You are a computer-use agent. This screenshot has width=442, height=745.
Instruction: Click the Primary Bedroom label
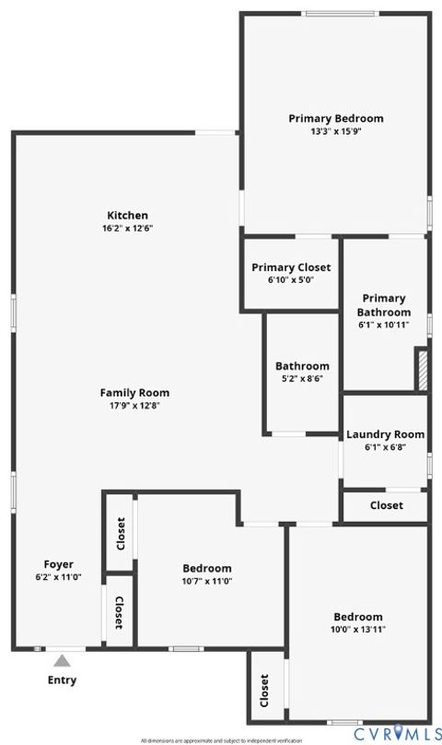point(335,118)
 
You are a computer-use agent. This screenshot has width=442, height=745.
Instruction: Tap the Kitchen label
point(127,216)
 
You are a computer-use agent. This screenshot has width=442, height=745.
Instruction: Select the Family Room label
point(134,393)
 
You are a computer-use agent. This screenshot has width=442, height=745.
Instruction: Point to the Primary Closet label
point(291,268)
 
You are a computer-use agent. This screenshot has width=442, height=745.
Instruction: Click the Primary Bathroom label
point(384,305)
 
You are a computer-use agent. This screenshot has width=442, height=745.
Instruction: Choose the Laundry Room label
point(385,434)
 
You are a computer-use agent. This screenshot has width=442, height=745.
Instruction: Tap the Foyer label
point(58,564)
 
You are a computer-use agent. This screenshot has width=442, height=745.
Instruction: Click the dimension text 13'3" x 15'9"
point(335,131)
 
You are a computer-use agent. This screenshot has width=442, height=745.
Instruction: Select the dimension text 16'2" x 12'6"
point(127,228)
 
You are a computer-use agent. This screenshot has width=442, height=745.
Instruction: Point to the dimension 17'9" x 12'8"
point(134,405)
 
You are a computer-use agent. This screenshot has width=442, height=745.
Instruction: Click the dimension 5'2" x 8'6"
point(302,378)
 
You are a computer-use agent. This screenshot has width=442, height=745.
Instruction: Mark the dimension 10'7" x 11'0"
point(206,581)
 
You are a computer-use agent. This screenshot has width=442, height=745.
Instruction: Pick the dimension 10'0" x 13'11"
point(358,629)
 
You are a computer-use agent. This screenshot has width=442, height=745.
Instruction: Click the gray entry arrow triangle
point(62,660)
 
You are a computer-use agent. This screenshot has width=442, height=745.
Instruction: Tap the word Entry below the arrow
point(62,680)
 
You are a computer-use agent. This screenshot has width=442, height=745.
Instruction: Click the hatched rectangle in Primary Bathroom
point(422,369)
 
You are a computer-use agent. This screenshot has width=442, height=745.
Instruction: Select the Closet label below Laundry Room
point(386,505)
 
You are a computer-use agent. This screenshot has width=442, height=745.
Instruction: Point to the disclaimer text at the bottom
point(221,740)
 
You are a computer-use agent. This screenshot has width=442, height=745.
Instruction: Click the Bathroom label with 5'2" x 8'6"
point(302,366)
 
